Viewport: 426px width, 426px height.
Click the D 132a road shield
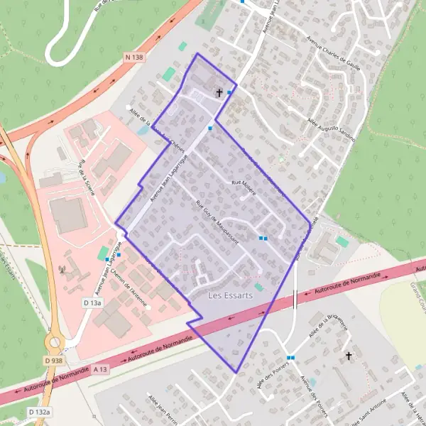tap(40, 412)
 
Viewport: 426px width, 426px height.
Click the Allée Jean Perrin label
tap(161, 410)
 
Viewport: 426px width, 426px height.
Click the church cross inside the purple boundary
tap(219, 92)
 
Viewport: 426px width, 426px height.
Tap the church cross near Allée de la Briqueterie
tap(348, 355)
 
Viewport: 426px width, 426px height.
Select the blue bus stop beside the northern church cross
tap(229, 92)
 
